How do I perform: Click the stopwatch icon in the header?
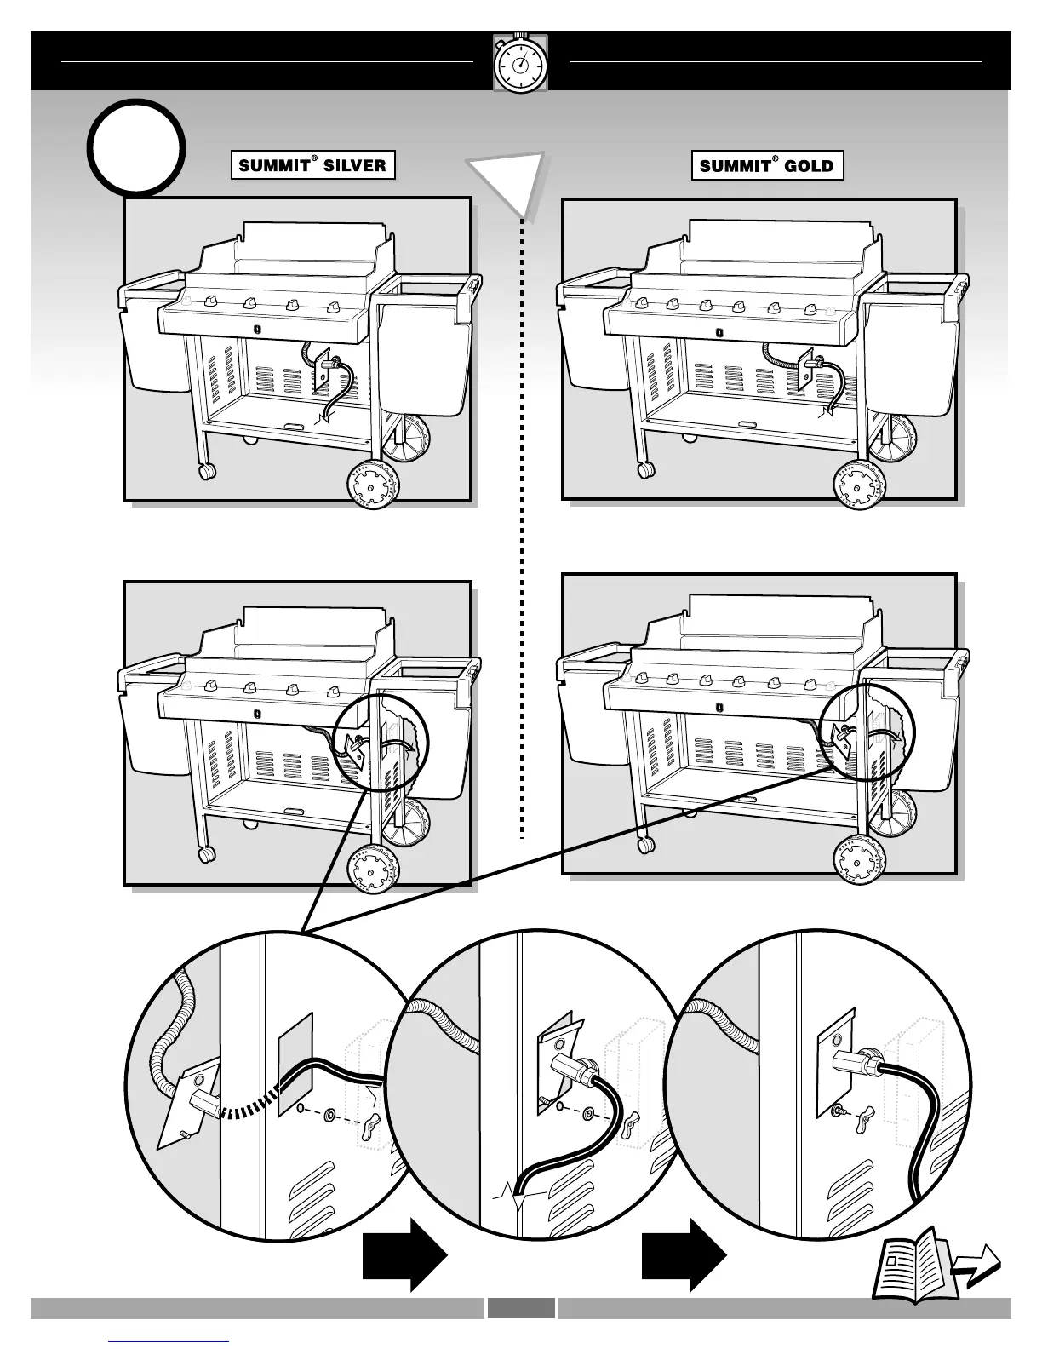[520, 63]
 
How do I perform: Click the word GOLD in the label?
[808, 165]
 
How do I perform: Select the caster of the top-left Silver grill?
[206, 471]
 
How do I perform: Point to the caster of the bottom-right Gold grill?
[646, 844]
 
